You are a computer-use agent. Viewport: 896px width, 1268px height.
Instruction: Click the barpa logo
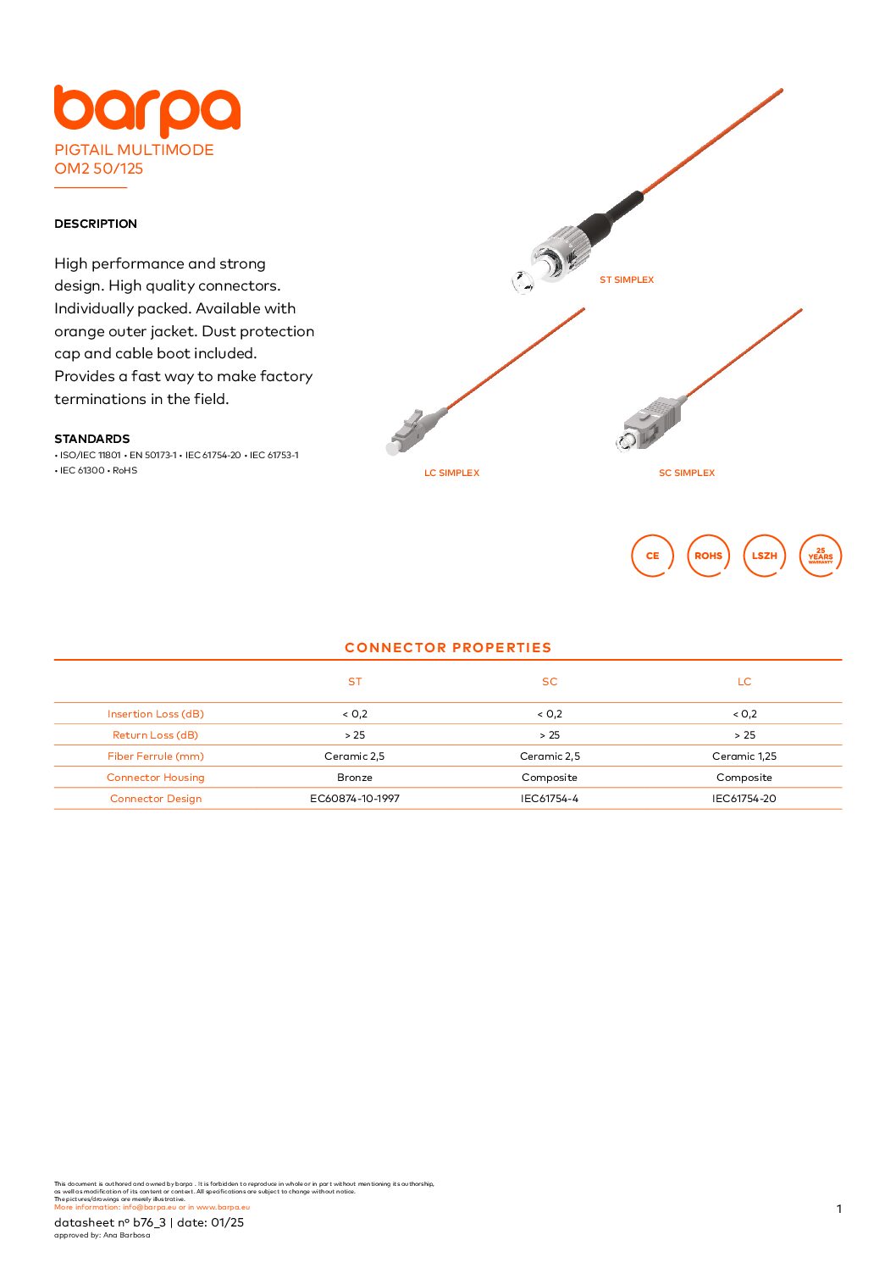[147, 110]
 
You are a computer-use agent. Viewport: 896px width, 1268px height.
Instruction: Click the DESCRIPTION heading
[96, 224]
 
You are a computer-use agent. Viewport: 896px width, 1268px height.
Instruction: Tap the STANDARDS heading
[92, 439]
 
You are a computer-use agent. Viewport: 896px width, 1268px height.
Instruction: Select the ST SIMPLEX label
[627, 280]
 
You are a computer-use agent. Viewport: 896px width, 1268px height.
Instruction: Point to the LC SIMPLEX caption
[451, 473]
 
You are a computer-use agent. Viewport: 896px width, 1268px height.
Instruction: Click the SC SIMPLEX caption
[687, 473]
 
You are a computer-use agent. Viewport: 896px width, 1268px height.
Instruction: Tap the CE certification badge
[652, 556]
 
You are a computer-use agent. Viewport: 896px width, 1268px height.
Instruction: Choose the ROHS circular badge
[708, 556]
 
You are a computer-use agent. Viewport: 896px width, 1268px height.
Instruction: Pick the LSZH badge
[764, 556]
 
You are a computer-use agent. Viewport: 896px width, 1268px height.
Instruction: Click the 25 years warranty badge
[820, 556]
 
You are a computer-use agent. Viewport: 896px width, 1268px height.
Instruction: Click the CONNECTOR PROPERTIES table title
[448, 648]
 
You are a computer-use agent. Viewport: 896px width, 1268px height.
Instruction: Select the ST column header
[355, 682]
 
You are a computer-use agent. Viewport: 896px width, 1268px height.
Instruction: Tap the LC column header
[744, 682]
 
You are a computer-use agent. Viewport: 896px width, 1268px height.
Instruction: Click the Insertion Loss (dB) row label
[156, 714]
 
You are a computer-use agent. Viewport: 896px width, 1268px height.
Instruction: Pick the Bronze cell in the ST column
[355, 778]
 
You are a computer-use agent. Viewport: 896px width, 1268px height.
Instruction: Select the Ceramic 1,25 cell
[744, 756]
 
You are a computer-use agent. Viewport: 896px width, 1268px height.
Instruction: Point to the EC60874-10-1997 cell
[355, 799]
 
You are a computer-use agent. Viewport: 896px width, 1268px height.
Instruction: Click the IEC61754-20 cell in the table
[744, 799]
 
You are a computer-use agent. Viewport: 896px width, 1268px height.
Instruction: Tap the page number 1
[839, 1209]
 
